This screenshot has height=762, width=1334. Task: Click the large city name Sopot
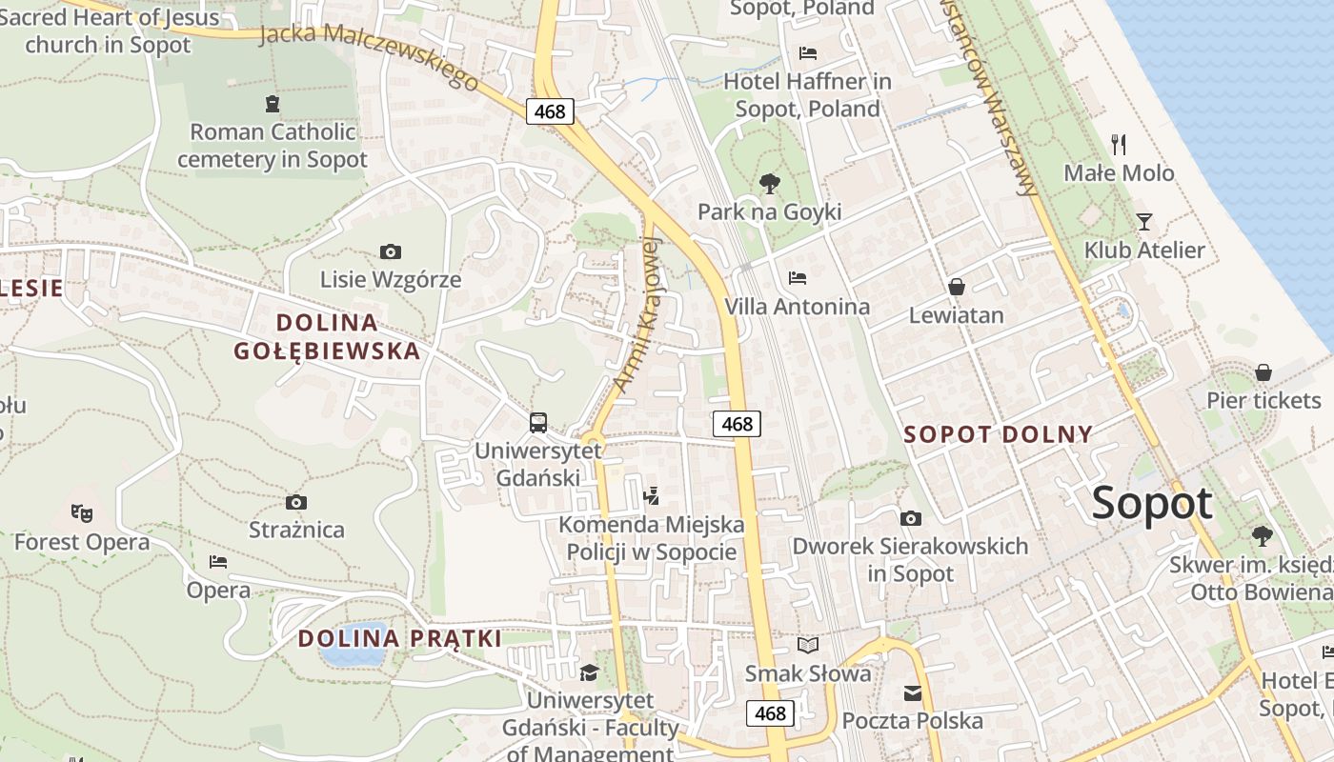1152,503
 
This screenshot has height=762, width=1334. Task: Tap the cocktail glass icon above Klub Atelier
1144,222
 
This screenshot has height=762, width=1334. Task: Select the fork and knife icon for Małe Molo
1119,145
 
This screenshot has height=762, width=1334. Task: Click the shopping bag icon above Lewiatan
957,287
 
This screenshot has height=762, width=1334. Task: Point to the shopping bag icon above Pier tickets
1263,371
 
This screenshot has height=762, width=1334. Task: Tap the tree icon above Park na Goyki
769,184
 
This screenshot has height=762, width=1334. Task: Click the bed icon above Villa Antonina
798,278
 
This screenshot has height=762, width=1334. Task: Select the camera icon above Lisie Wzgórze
390,252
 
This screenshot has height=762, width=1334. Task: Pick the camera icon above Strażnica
296,502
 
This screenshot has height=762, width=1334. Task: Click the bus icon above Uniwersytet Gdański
538,422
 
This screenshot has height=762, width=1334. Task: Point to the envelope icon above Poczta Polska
913,692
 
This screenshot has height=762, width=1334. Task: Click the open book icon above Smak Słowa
808,646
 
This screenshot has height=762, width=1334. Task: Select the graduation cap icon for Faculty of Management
590,672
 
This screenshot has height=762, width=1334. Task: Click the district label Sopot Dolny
998,434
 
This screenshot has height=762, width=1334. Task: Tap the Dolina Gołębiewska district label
327,336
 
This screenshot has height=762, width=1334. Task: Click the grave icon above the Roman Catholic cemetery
273,104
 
